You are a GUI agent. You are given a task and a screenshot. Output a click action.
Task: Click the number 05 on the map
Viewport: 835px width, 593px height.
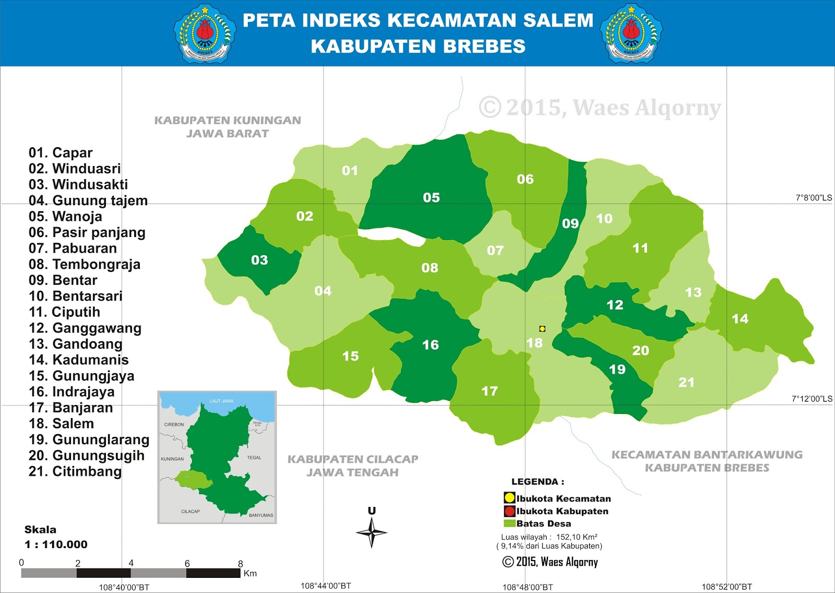pyautogui.click(x=431, y=198)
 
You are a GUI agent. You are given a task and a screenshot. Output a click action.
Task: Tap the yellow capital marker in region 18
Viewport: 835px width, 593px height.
pyautogui.click(x=542, y=329)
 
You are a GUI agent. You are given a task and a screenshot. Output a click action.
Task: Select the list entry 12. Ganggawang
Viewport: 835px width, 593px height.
pyautogui.click(x=85, y=328)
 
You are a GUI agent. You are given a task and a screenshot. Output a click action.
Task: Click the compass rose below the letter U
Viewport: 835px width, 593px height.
pyautogui.click(x=372, y=532)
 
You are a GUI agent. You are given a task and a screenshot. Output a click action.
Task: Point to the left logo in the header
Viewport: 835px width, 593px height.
pyautogui.click(x=205, y=33)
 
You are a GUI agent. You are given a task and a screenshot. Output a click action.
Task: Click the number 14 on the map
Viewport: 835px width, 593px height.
pyautogui.click(x=739, y=319)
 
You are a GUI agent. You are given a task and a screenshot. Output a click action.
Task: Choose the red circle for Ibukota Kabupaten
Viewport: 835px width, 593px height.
pyautogui.click(x=509, y=511)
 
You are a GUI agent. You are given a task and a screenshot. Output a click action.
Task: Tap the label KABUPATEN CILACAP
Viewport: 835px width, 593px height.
pyautogui.click(x=353, y=459)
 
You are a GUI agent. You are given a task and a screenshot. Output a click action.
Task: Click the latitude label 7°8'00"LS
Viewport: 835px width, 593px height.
pyautogui.click(x=814, y=198)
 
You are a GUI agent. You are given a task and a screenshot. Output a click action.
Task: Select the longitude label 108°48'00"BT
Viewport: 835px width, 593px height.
pyautogui.click(x=527, y=587)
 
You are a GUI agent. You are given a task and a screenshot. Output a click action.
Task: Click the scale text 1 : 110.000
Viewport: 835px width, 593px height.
pyautogui.click(x=56, y=544)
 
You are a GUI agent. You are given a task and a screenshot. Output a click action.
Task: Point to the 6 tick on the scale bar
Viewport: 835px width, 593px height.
pyautogui.click(x=187, y=564)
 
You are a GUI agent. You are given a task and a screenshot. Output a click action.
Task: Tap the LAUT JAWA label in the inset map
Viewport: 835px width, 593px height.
pyautogui.click(x=221, y=401)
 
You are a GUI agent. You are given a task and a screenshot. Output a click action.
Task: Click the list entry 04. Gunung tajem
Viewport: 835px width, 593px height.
pyautogui.click(x=88, y=201)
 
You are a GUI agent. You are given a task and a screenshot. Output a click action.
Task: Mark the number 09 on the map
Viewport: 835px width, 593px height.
pyautogui.click(x=570, y=224)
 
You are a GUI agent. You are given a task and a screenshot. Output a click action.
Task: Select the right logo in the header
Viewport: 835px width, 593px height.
pyautogui.click(x=631, y=33)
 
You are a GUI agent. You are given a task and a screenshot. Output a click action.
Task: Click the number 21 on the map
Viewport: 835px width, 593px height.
pyautogui.click(x=686, y=383)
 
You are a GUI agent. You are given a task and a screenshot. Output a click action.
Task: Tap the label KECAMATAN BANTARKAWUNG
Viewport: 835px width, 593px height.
pyautogui.click(x=707, y=455)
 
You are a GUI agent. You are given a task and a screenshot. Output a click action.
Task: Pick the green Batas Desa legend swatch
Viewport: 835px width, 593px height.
pyautogui.click(x=509, y=524)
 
